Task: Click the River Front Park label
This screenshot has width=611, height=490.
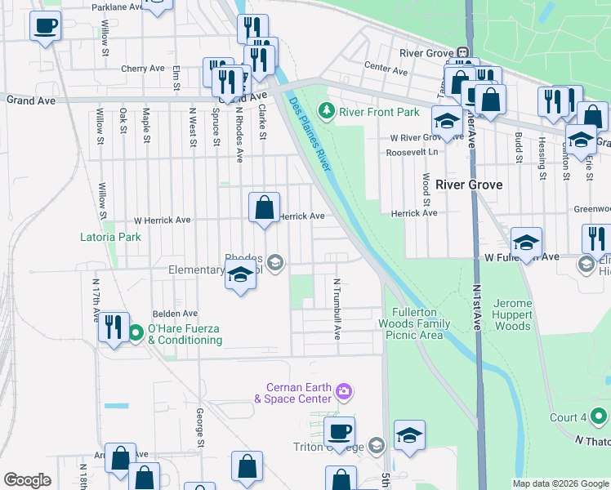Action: [x=380, y=112]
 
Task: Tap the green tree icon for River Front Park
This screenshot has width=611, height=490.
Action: [x=327, y=109]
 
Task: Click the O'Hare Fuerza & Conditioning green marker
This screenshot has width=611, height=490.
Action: [x=136, y=332]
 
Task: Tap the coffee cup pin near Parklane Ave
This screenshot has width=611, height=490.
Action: [x=46, y=25]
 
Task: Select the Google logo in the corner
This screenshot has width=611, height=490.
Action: [x=28, y=480]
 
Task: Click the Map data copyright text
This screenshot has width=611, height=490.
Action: [x=560, y=483]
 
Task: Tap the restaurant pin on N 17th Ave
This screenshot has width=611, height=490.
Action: [x=113, y=327]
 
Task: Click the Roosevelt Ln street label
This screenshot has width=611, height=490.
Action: [x=413, y=152]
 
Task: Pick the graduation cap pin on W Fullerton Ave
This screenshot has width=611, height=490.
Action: [x=527, y=242]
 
